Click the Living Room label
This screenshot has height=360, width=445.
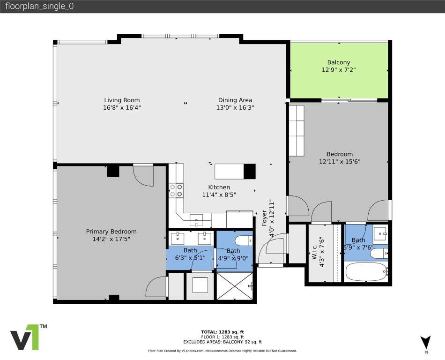pos(122,100)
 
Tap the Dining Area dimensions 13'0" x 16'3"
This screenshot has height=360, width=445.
pos(235,108)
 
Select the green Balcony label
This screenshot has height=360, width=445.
pos(339,62)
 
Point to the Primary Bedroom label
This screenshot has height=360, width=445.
pos(111,232)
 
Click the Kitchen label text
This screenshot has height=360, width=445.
pos(219,187)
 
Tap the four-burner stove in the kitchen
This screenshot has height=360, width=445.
pos(176,190)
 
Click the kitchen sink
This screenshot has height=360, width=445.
pos(196,219)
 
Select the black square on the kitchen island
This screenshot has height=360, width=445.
pos(250,172)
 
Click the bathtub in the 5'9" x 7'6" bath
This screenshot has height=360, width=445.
pos(366,271)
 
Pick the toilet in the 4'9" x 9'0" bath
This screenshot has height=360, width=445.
pos(244,241)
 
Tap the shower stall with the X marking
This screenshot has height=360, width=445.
pos(235,286)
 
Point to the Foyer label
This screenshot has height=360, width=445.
pos(265,218)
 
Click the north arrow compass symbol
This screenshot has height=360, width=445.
pos(426,342)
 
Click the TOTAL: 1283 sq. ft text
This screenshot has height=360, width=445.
pos(222,332)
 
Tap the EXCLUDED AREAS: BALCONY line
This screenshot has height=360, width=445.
pos(222,342)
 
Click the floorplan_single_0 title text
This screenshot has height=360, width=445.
pos(39,6)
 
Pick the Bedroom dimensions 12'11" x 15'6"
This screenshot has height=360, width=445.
pos(340,162)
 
